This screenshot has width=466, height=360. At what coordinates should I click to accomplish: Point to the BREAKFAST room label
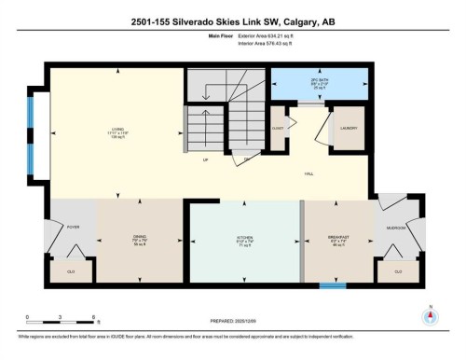tap(339, 238)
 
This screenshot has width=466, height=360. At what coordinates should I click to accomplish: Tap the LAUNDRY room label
tap(349, 126)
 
